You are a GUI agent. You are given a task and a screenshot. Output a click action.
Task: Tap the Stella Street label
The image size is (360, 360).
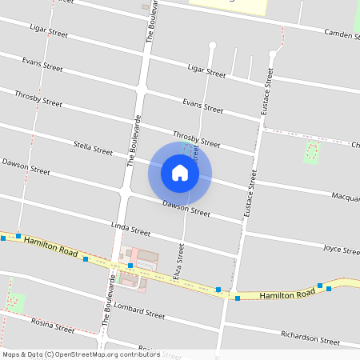click(93, 148)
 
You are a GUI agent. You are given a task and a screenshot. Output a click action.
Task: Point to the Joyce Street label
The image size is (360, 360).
click(341, 250)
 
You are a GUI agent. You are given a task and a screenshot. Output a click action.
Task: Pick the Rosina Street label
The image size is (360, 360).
click(53, 326)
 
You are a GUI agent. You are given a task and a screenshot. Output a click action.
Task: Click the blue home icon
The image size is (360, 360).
click(180, 173)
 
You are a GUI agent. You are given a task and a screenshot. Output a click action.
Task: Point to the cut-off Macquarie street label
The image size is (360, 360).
click(346, 196)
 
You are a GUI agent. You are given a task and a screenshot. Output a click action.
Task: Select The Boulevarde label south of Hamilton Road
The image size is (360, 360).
click(110, 301)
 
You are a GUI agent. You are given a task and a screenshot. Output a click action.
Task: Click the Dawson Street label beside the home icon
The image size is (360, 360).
click(186, 209)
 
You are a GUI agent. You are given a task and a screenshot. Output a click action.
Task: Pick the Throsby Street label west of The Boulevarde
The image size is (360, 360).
click(38, 98)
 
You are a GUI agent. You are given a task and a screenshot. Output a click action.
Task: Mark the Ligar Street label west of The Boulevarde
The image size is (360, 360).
click(48, 32)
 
